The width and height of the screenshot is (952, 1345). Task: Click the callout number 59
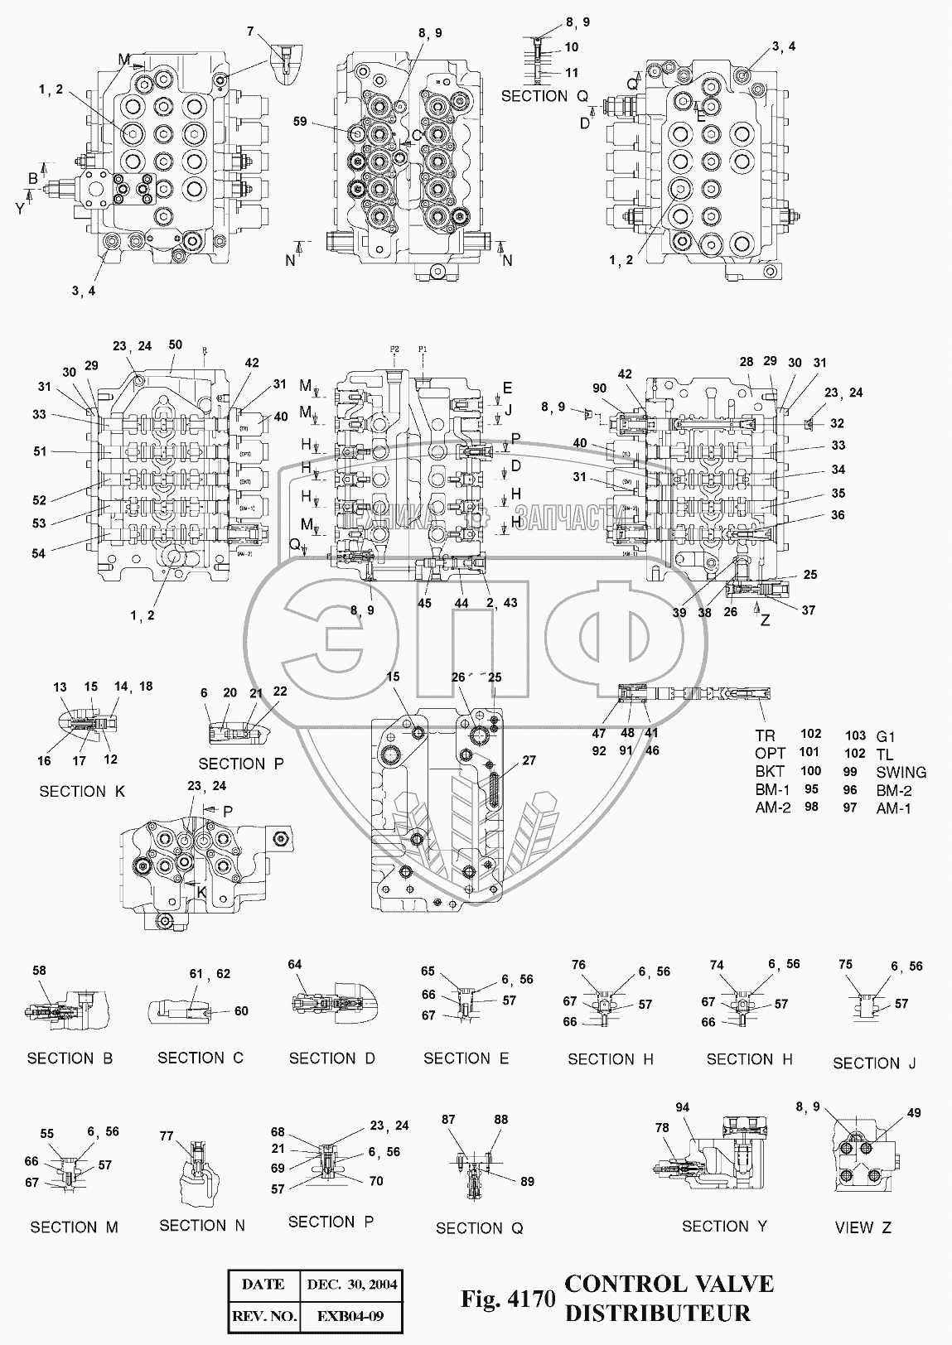tap(300, 121)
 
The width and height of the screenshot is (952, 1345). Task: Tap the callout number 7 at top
tap(250, 32)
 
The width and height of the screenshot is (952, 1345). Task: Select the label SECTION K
tap(82, 791)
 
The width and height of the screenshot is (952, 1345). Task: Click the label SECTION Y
tap(724, 1226)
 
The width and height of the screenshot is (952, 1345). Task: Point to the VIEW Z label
tap(863, 1227)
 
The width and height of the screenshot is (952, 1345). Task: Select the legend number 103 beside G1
tap(855, 735)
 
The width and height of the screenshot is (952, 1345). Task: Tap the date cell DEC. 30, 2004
tap(352, 1285)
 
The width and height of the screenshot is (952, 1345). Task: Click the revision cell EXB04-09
tap(352, 1314)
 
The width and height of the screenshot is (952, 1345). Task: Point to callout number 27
tap(529, 759)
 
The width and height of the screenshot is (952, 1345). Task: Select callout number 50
tap(175, 344)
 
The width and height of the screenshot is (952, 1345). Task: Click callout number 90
tap(599, 388)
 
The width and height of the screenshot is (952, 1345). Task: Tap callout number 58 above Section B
tap(39, 971)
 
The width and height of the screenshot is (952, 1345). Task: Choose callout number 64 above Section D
tap(295, 964)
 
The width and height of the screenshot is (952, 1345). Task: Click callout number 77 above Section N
tap(166, 1136)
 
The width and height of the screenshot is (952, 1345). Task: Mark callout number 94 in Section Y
tap(682, 1107)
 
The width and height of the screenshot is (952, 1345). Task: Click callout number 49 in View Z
tap(913, 1113)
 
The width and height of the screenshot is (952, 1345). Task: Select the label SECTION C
tap(201, 1058)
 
